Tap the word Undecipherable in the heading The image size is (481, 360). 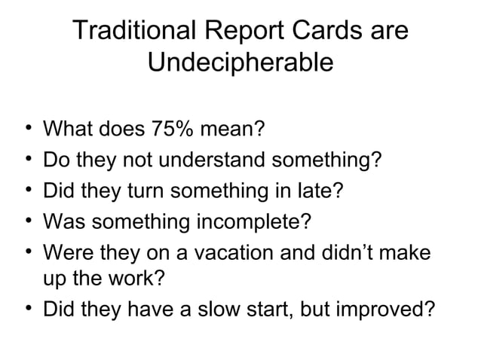click(240, 63)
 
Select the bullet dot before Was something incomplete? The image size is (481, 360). click(28, 221)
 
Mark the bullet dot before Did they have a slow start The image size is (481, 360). click(28, 309)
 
